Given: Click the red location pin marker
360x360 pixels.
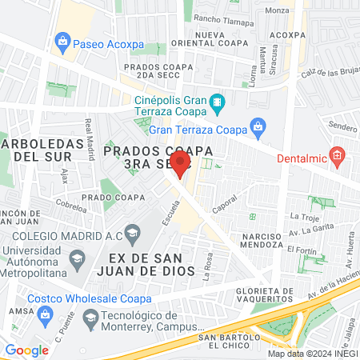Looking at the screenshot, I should pos(181,164).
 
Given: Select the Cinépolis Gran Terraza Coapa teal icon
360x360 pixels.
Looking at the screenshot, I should pos(216,103).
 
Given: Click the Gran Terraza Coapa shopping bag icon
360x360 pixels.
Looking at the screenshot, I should pos(257,126).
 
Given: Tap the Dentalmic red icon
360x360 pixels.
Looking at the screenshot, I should pos(338,154).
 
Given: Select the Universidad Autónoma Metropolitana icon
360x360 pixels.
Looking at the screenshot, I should pos(77,258).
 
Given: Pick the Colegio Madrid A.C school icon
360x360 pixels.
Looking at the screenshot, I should pos(132,233).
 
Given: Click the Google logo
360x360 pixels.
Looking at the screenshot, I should pos(27,350).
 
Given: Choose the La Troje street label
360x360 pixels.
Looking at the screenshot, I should pos(305,216).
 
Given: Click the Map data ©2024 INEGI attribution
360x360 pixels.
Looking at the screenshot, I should pos(312,353).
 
